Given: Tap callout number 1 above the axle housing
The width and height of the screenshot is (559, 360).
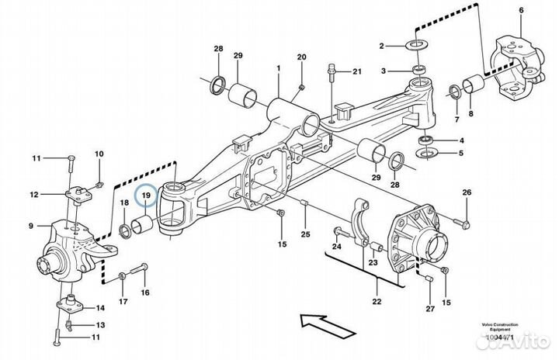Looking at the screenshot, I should click(x=278, y=69).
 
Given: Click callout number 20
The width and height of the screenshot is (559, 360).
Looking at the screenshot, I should click(x=302, y=57).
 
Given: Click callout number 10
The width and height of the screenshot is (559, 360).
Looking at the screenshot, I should click(x=99, y=154).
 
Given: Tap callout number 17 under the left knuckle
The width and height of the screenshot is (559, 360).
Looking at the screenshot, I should click(x=122, y=302).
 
